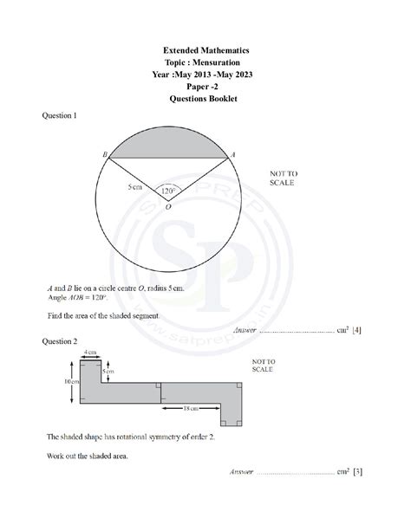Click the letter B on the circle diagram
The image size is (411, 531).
105,153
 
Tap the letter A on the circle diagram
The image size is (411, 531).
232,153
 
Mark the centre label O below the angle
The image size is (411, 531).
167,207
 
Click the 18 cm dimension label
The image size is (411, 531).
192,406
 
